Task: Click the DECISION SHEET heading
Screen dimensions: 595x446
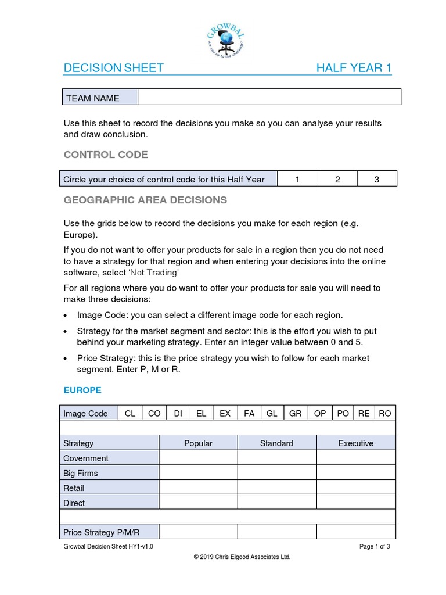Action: (x=113, y=69)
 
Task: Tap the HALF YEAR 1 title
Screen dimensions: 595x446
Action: (x=353, y=69)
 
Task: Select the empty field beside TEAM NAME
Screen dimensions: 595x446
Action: (x=269, y=98)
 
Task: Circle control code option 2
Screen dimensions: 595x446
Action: (x=337, y=179)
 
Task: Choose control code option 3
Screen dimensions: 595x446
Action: (x=376, y=179)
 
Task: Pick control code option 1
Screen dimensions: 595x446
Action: (x=297, y=179)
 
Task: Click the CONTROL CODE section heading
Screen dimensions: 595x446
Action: (x=106, y=155)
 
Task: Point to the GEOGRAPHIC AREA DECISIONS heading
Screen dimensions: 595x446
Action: (x=145, y=200)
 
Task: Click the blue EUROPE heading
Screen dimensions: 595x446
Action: (x=82, y=390)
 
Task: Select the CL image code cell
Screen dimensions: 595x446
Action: (x=130, y=413)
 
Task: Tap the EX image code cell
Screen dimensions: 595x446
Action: (x=225, y=413)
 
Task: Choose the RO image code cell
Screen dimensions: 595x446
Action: (x=384, y=413)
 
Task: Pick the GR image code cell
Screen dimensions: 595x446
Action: (x=295, y=413)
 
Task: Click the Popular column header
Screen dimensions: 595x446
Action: (x=198, y=443)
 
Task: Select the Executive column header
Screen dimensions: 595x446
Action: (x=355, y=443)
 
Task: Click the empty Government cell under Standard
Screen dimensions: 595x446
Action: (x=276, y=458)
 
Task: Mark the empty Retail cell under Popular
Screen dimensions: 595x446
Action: (x=198, y=488)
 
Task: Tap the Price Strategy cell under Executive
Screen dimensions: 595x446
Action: (x=355, y=532)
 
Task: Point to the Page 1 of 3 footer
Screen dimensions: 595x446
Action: (x=375, y=547)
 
